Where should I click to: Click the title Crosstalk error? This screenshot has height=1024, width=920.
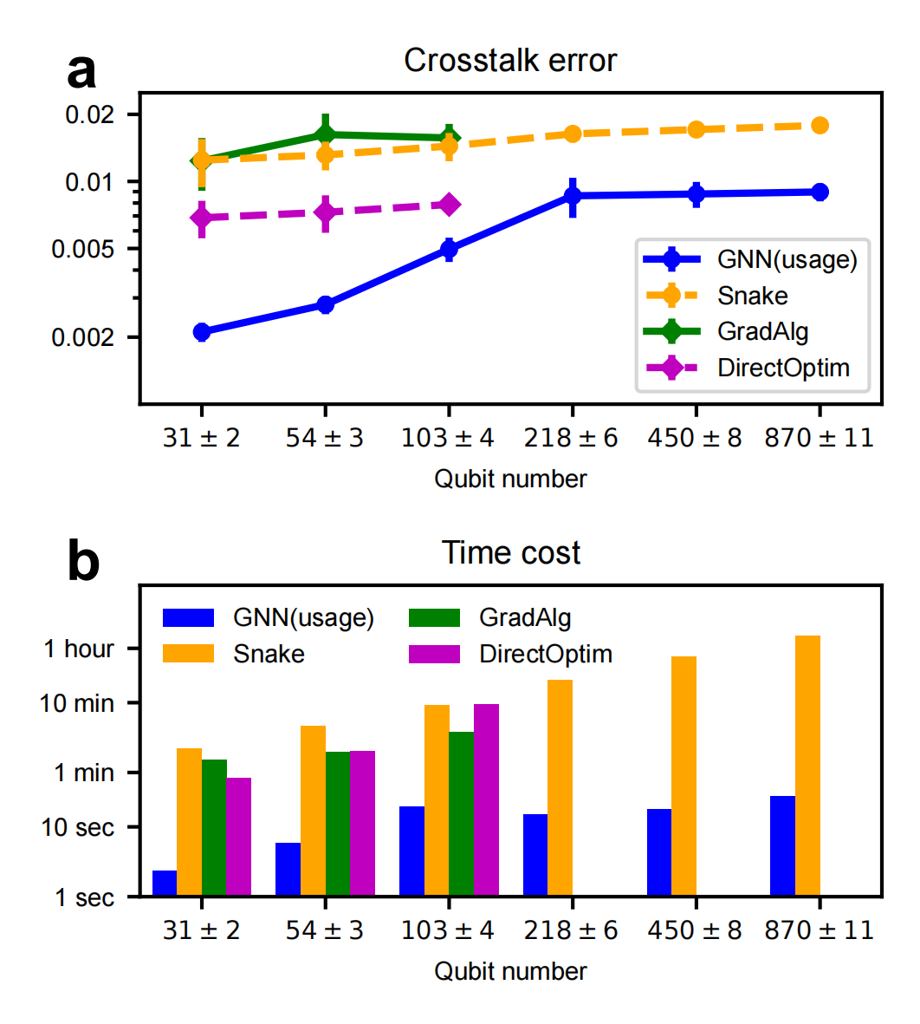click(x=510, y=61)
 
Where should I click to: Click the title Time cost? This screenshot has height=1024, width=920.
click(x=510, y=553)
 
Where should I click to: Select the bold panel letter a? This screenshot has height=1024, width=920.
click(x=81, y=71)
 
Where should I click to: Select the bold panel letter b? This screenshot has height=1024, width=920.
click(x=83, y=563)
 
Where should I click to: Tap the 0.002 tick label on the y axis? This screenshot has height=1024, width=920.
click(x=82, y=337)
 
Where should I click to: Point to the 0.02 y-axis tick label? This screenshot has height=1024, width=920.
click(x=89, y=114)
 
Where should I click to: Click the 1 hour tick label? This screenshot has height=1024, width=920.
click(x=79, y=649)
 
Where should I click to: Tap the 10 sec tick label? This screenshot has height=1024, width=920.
click(x=77, y=827)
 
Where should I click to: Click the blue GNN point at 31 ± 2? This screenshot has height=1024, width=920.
click(x=202, y=331)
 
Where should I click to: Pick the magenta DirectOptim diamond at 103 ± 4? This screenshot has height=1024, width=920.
click(x=449, y=205)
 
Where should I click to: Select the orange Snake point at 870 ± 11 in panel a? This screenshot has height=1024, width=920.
click(x=820, y=126)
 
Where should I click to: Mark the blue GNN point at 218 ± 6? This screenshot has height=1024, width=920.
click(x=572, y=196)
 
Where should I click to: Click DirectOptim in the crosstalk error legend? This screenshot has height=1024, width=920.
click(x=783, y=368)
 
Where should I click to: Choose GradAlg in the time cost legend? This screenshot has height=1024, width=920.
click(x=525, y=617)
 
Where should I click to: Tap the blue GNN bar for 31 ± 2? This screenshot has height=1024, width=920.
click(x=165, y=883)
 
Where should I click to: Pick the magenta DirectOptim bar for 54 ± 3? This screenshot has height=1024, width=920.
click(x=362, y=823)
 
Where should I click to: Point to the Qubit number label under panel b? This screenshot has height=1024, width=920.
click(x=510, y=971)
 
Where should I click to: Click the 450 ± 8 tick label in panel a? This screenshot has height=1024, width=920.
click(x=695, y=438)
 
